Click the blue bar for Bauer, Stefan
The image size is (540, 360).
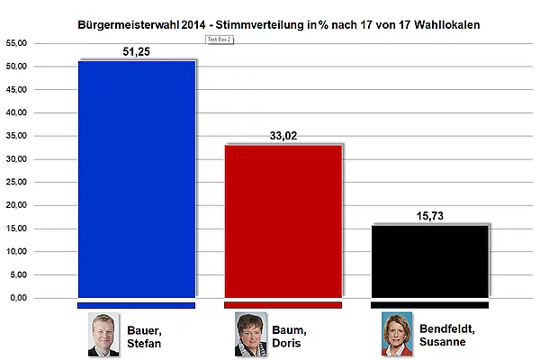[137, 179]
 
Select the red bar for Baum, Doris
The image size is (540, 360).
[283, 221]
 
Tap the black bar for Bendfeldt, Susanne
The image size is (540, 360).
[430, 262]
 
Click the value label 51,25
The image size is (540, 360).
[137, 51]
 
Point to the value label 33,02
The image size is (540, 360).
[283, 136]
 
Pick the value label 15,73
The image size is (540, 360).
[430, 216]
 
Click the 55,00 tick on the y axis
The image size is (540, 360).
[16, 43]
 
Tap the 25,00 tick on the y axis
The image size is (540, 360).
[16, 182]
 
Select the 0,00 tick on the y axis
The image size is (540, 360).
[18, 298]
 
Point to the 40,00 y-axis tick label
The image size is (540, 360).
[16, 112]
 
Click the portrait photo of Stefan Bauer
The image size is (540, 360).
[103, 334]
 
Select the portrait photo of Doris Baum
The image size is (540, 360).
[250, 334]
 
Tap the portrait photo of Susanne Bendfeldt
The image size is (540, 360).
[397, 334]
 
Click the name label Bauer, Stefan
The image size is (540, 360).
[144, 337]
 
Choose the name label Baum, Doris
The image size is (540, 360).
[289, 337]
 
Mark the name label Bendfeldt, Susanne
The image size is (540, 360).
[447, 335]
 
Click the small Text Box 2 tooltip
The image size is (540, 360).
[220, 40]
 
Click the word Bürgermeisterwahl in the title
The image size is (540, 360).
[129, 25]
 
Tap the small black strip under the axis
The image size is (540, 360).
[430, 305]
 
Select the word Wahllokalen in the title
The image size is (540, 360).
[447, 25]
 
